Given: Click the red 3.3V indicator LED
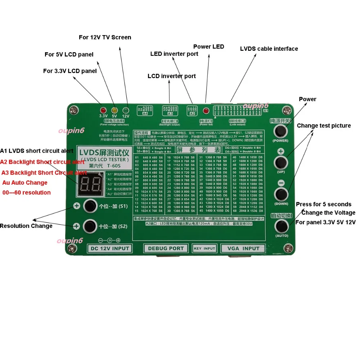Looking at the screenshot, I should tap(103, 110).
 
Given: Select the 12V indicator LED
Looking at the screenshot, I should tap(126, 110).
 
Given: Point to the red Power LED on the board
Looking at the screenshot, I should tap(206, 111).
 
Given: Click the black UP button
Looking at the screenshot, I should tap(281, 162).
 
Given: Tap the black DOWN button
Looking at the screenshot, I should tap(281, 195).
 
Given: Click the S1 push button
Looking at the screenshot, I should tap(90, 206).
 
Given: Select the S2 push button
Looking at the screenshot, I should tap(90, 226).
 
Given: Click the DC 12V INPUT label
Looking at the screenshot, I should tap(109, 248).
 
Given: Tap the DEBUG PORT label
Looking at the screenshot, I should tap(166, 248).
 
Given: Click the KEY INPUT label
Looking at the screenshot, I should tap(204, 248).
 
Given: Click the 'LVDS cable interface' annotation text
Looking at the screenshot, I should tap(269, 49).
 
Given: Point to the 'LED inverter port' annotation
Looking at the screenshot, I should tap(174, 54).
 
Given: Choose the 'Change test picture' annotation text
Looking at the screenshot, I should tap(324, 126).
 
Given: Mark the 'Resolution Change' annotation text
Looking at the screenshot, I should tap(26, 226).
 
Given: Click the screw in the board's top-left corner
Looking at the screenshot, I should tap(75, 109).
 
